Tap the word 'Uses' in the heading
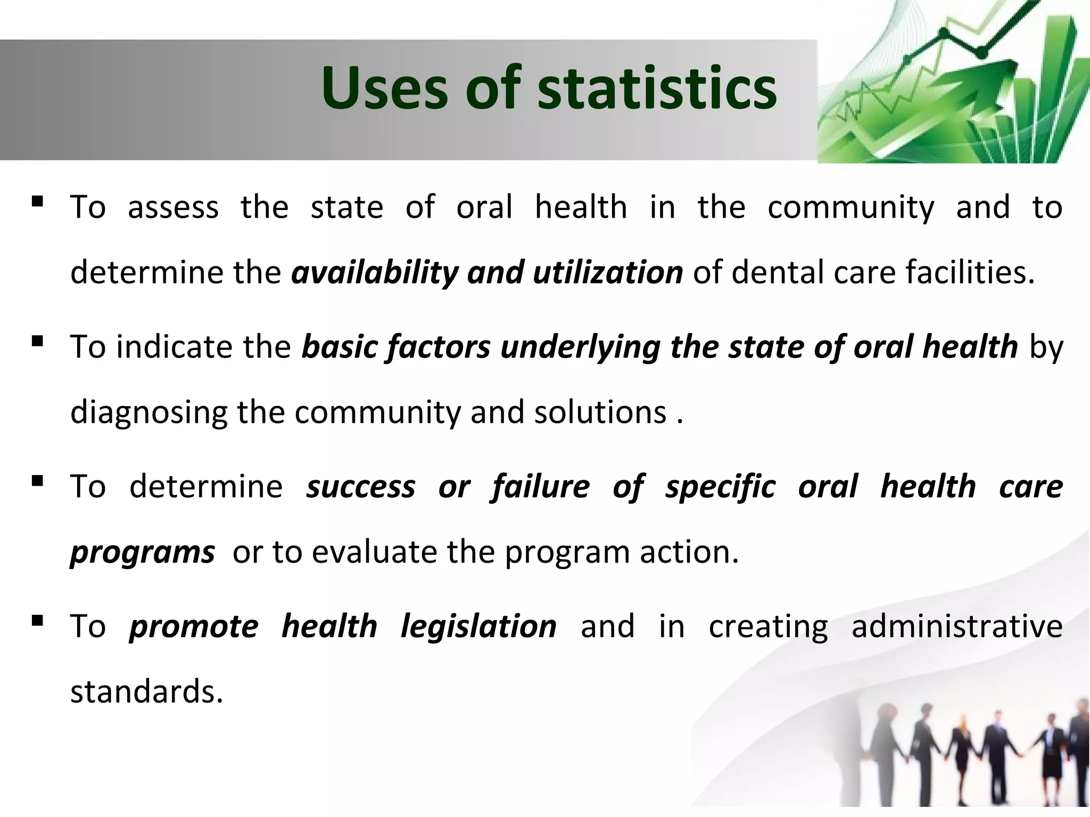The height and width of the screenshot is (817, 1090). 384,88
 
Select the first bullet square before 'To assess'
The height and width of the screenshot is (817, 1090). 37,201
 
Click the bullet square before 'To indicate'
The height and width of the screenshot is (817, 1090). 37,341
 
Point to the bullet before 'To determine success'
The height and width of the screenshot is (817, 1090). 37,481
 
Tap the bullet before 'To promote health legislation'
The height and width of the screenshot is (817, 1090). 37,620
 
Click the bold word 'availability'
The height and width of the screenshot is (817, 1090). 375,272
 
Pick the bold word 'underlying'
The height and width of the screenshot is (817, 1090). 581,347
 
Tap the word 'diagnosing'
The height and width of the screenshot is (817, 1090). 148,413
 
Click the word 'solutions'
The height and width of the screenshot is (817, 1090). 600,412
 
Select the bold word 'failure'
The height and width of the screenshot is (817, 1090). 541,487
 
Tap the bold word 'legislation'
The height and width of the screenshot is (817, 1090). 478,627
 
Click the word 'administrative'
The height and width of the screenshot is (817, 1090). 956,626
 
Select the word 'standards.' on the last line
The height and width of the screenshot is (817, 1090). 146,691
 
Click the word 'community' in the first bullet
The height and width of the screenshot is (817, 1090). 850,207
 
